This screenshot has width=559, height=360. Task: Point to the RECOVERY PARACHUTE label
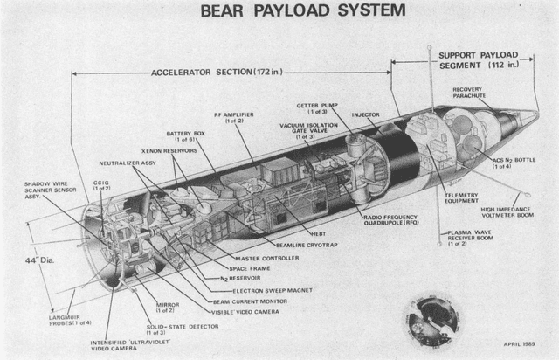tap(473, 92)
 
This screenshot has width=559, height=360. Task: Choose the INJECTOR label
tap(365, 114)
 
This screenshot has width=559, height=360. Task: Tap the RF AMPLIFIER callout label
tap(233, 118)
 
